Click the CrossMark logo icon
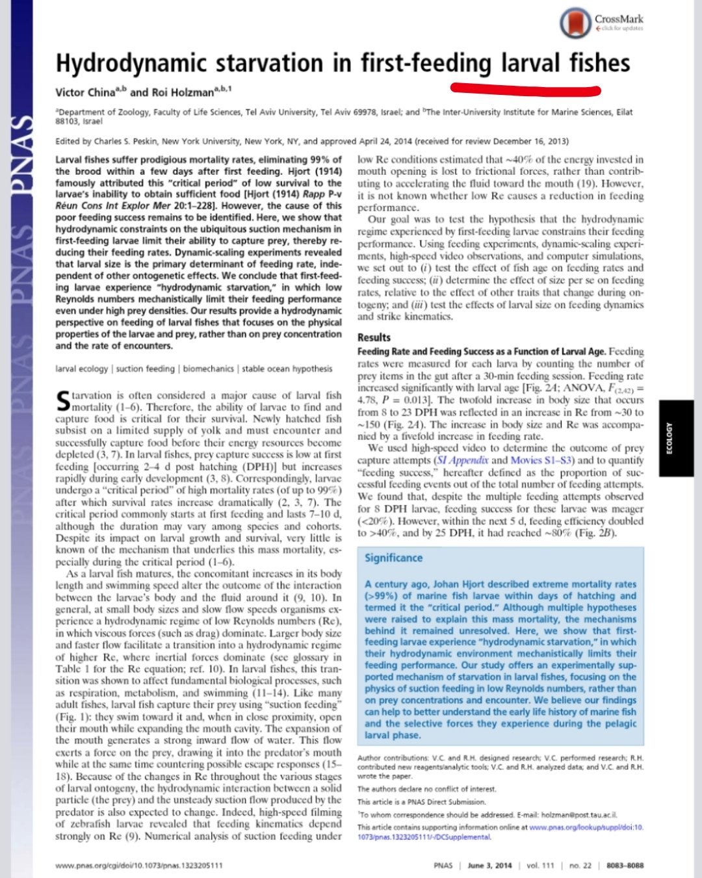(576, 22)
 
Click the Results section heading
(374, 337)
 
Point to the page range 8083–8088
(625, 865)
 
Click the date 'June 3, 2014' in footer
(489, 865)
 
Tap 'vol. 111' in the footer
(540, 865)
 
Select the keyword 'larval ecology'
(82, 369)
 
